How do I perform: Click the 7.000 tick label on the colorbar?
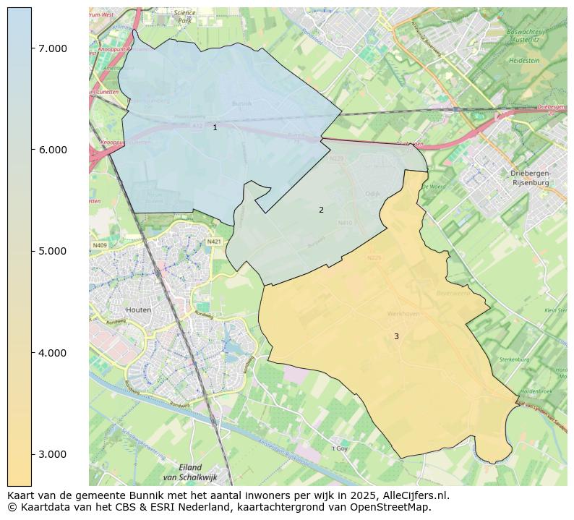[x=53, y=48]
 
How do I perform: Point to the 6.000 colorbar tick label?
[x=53, y=150]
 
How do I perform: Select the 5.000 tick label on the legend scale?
[x=53, y=251]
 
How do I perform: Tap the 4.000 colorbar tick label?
[x=53, y=353]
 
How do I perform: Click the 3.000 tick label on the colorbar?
[x=53, y=454]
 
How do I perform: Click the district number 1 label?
[x=215, y=127]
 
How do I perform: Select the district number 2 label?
[x=321, y=210]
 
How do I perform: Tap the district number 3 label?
[x=396, y=336]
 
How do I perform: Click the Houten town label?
[x=138, y=310]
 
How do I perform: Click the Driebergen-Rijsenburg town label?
[x=530, y=179]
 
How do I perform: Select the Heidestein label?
[x=524, y=61]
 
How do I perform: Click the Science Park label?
[x=185, y=17]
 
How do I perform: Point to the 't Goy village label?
[x=340, y=448]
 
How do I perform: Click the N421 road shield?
[x=214, y=242]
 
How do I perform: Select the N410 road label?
[x=345, y=223]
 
